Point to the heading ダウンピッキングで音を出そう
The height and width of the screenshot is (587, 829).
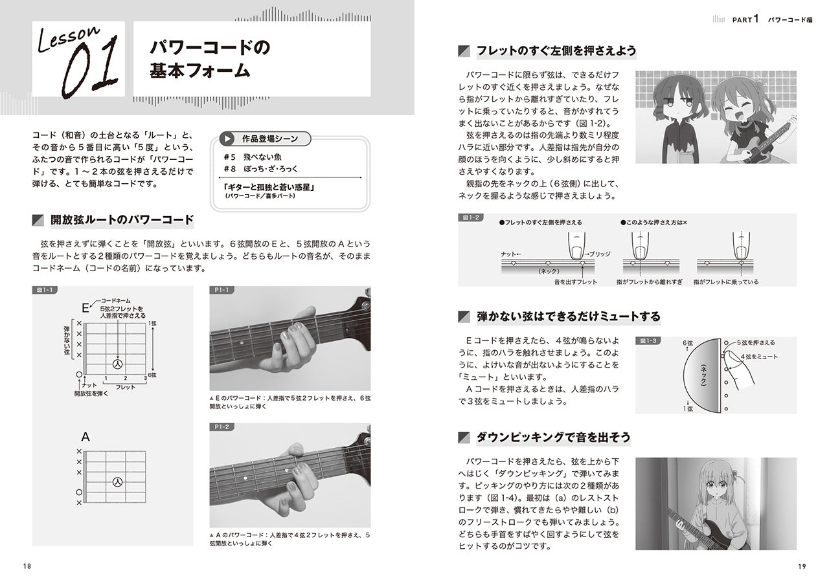(553, 437)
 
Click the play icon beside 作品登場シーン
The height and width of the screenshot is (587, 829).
(227, 138)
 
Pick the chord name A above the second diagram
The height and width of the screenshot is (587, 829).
(85, 437)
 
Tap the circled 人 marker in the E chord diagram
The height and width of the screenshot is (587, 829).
(117, 364)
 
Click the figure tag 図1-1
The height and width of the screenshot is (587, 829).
(43, 289)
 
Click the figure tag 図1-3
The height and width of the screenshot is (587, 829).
(648, 340)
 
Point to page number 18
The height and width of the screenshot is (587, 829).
(27, 566)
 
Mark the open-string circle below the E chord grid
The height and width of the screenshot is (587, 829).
(79, 375)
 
